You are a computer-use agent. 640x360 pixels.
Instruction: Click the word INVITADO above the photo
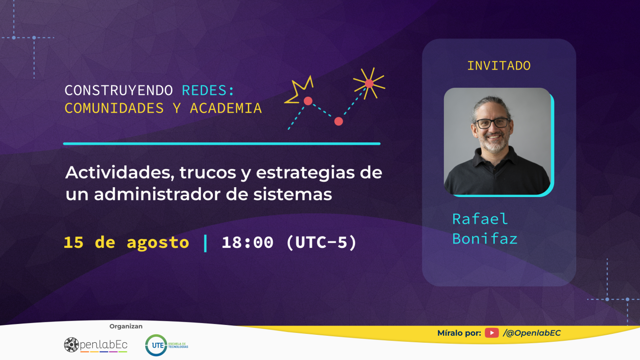click(x=499, y=66)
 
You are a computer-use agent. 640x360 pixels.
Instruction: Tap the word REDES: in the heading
click(x=208, y=90)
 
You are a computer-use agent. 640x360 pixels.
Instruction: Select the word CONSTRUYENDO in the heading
click(x=119, y=90)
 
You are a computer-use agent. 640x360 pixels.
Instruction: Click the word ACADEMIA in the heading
click(x=226, y=108)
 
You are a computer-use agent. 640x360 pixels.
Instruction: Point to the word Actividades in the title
click(x=120, y=172)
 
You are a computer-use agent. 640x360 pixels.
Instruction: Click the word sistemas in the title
click(x=292, y=194)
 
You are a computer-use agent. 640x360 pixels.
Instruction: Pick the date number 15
click(x=74, y=242)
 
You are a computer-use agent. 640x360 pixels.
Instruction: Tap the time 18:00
click(x=247, y=242)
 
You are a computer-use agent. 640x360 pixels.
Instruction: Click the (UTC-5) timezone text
click(x=321, y=242)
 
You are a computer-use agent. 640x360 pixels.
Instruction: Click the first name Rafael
click(x=480, y=219)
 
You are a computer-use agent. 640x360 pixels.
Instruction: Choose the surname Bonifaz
click(x=485, y=239)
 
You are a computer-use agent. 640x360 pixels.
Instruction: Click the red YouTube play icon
click(x=492, y=333)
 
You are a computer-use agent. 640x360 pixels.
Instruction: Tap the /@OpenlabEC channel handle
click(x=532, y=333)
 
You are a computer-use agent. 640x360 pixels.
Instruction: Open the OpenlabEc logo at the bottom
click(x=95, y=345)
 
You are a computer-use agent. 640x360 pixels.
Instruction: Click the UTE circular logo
click(x=157, y=345)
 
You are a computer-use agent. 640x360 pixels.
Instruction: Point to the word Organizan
click(x=126, y=326)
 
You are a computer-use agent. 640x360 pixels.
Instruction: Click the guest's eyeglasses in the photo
click(x=492, y=123)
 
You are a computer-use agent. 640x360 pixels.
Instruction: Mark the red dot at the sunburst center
click(x=369, y=83)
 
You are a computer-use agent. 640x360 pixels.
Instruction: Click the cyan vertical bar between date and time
click(x=205, y=243)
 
